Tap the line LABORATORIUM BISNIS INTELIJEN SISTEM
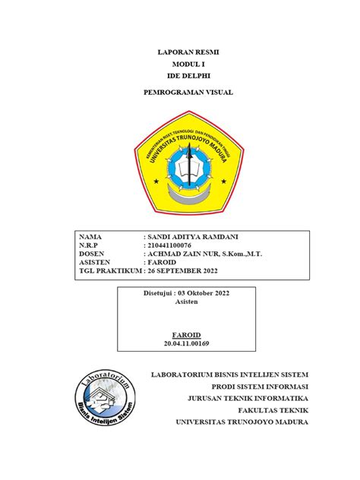coord(231,374)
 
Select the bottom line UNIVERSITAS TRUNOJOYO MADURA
coord(242,422)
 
